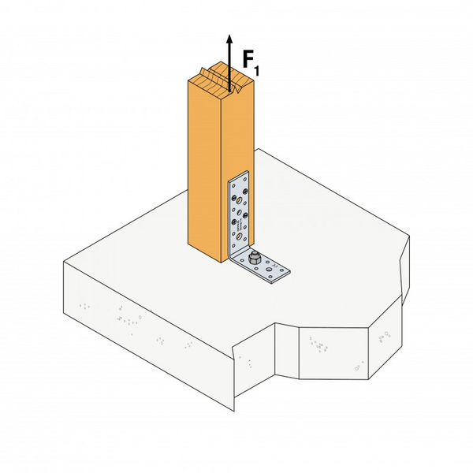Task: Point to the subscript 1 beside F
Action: click(x=258, y=72)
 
